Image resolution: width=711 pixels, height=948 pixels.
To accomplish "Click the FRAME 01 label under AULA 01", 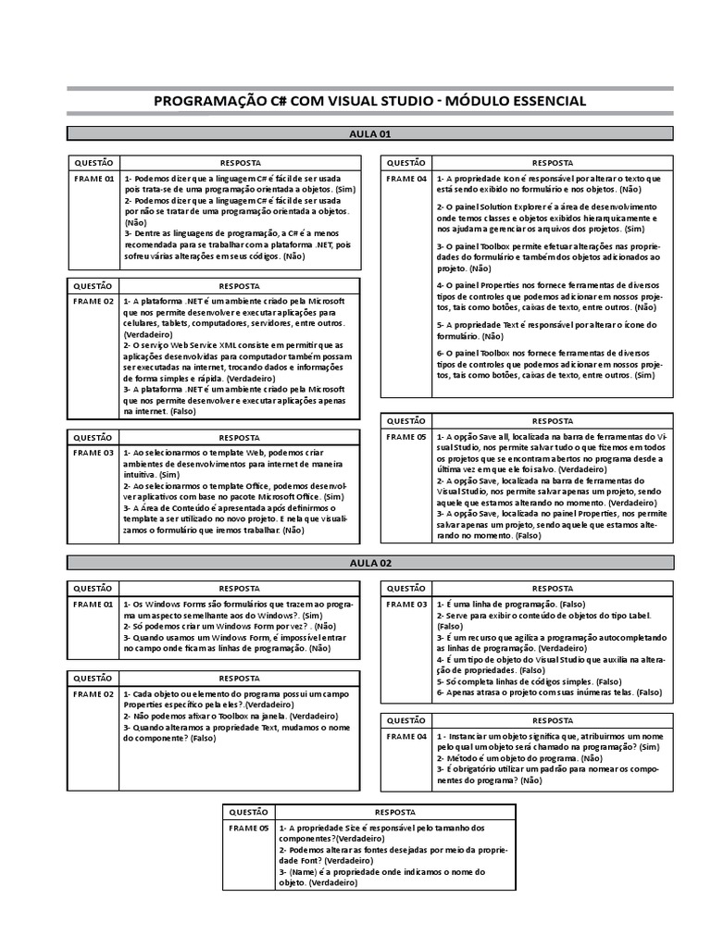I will click(94, 178).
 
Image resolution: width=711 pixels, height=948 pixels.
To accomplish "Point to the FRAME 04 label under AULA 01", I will click(406, 178).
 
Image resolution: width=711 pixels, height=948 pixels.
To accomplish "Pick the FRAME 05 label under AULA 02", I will click(249, 828).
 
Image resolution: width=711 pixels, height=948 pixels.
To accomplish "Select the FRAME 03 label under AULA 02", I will click(406, 605).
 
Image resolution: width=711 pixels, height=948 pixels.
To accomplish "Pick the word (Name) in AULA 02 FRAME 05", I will click(300, 872).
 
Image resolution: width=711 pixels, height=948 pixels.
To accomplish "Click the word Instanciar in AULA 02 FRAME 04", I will click(470, 736).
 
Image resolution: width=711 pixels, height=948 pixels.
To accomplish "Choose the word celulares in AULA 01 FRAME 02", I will click(143, 323).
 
